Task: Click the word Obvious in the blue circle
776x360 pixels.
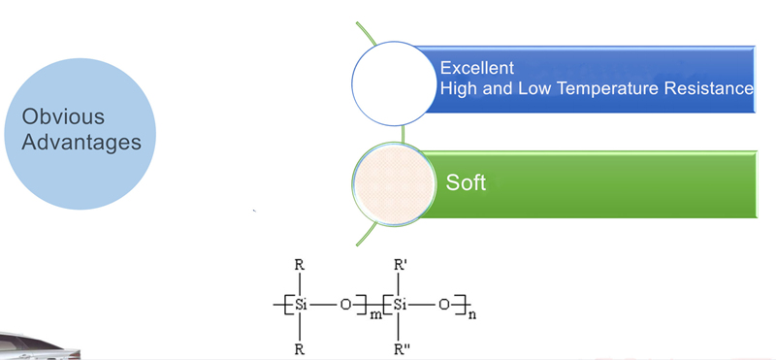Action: (x=63, y=116)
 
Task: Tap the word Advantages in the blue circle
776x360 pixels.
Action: (x=81, y=142)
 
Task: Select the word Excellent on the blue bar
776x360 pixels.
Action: (x=477, y=67)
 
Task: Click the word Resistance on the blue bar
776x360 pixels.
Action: (x=709, y=88)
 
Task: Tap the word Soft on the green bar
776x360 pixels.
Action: (x=466, y=182)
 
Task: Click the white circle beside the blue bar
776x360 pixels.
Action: (x=395, y=83)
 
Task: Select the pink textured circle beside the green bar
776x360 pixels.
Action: (x=395, y=184)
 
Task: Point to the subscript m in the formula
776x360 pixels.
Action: (x=376, y=315)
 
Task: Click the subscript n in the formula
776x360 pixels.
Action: (x=471, y=315)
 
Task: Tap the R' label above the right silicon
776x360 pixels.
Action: (x=401, y=265)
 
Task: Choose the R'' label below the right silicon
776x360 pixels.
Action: (x=401, y=349)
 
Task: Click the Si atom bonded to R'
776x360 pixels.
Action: (x=400, y=305)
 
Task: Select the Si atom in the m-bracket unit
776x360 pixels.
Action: (x=301, y=305)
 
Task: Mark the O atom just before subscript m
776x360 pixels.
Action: (x=345, y=305)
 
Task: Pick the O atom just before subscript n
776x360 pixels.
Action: (x=444, y=305)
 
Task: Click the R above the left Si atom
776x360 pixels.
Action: (x=300, y=265)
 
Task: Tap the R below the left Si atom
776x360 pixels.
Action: (x=300, y=349)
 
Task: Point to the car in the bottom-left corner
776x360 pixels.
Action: (x=39, y=345)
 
